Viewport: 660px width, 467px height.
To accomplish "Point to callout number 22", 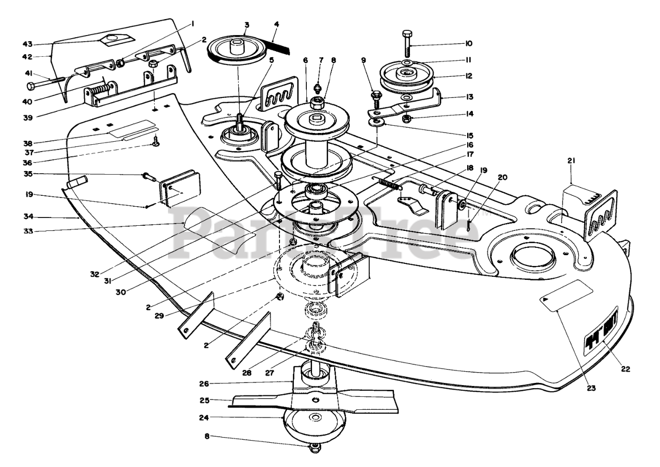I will point(625,369).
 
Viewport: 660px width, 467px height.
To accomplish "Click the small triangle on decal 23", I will point(544,298).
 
